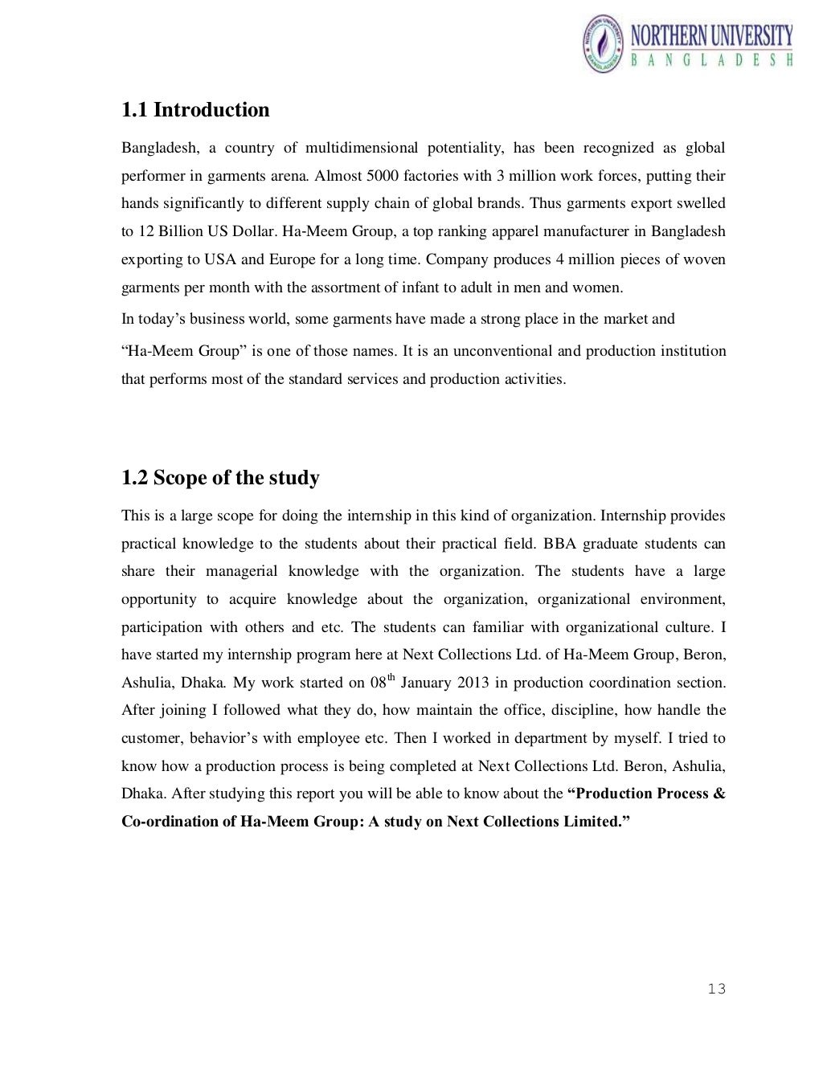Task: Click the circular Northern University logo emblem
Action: [604, 44]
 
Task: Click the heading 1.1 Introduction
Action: [195, 110]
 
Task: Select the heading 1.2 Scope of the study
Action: [220, 478]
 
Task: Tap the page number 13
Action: [716, 989]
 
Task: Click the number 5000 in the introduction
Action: [382, 176]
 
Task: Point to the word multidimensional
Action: [362, 148]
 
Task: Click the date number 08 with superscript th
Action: [381, 683]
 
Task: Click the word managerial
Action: [242, 571]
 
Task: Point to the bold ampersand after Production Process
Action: [719, 794]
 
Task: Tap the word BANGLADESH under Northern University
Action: [711, 60]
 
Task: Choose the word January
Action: [427, 683]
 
